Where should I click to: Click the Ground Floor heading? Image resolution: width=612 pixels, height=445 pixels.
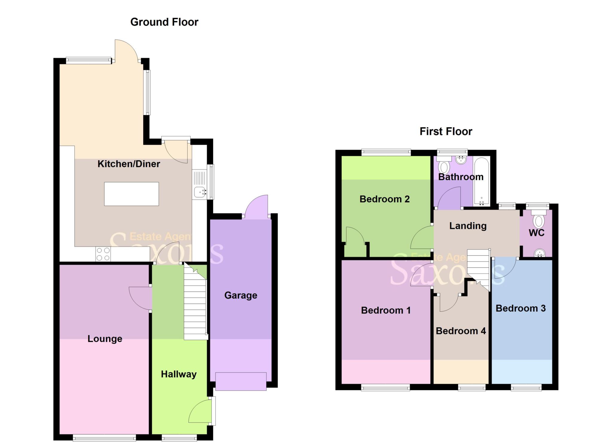[x=164, y=22]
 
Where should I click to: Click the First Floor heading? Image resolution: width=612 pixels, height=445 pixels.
[x=446, y=131]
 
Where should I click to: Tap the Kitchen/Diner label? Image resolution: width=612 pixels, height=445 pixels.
[x=129, y=164]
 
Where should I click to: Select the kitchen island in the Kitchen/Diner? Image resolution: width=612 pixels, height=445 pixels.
[x=131, y=194]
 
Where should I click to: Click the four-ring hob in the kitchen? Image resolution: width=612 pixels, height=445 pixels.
[x=103, y=254]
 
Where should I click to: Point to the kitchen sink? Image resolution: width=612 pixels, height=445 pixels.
[x=199, y=192]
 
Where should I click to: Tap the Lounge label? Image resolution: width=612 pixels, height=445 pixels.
[x=105, y=339]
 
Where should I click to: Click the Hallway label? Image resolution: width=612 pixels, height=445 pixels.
[x=179, y=374]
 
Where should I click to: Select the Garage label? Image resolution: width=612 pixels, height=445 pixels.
[x=241, y=295]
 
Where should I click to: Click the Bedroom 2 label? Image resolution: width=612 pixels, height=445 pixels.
[x=384, y=199]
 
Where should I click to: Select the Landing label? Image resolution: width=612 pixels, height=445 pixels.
[x=468, y=226]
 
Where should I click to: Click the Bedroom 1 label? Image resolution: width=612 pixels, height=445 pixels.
[x=385, y=310]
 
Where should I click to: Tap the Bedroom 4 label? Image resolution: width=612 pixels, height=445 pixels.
[x=460, y=331]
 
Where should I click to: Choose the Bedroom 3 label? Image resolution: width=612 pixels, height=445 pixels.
[x=520, y=308]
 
